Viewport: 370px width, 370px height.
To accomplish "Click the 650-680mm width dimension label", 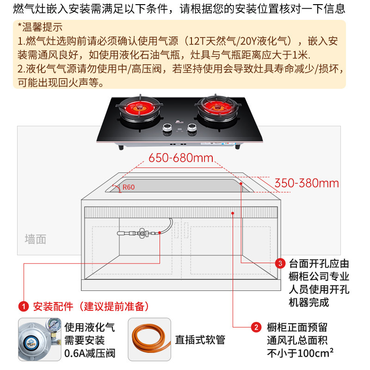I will coord(180,158).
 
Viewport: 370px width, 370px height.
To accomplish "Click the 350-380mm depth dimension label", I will coord(307,183).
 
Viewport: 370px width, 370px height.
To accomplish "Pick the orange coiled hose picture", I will coord(149,339).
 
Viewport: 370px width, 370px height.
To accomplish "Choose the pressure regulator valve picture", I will coord(39,339).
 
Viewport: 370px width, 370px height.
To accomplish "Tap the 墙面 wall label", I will coord(36,239).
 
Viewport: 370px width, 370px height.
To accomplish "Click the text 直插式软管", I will coord(200,340).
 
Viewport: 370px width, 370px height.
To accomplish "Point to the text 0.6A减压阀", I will coord(90,354).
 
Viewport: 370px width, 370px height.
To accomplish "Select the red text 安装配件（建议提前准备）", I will coord(91,306).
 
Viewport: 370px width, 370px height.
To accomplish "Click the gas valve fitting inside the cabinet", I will coord(139,234).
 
